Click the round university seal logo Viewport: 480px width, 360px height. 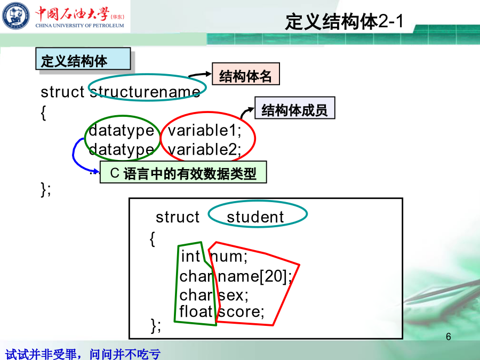16,15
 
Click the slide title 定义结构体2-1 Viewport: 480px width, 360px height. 344,22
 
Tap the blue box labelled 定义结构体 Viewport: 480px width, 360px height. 83,59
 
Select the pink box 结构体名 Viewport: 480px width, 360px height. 246,74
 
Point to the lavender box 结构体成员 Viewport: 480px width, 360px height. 295,108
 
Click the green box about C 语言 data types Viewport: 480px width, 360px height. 183,172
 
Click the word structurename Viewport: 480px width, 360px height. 145,92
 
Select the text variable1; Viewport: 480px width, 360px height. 204,131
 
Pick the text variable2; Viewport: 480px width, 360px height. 204,150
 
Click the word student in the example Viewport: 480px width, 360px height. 255,217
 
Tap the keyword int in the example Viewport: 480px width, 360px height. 190,256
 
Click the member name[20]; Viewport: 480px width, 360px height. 255,276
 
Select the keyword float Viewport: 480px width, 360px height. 196,311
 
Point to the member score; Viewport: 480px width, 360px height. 241,311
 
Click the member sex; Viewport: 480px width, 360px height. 233,295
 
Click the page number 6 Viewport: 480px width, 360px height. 449,337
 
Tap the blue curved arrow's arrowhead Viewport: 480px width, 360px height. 95,171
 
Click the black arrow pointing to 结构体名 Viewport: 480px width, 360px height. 199,74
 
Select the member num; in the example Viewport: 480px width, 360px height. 229,257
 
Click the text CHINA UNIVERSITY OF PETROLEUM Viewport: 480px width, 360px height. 79,26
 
